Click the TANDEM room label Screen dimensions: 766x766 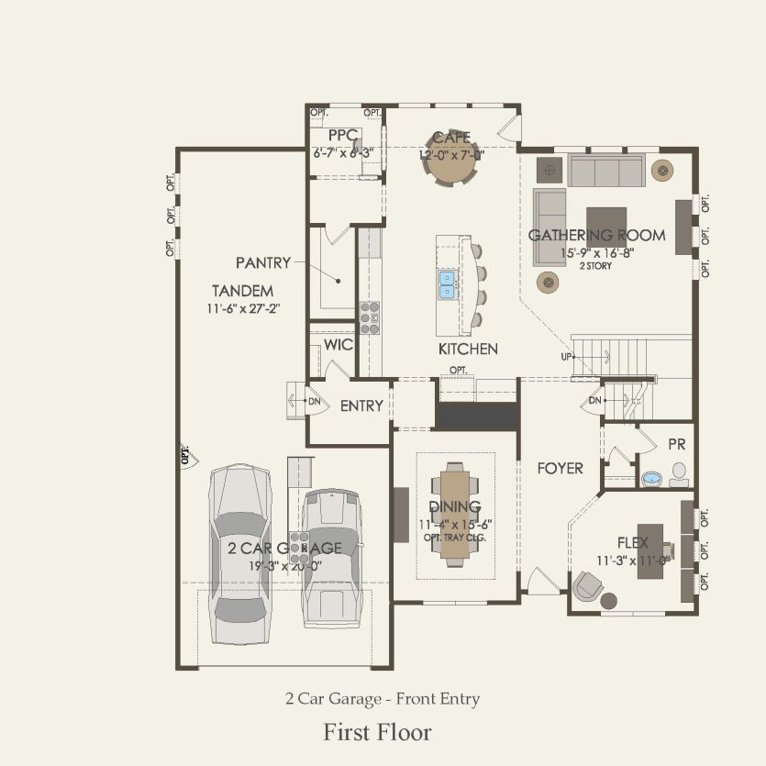pyautogui.click(x=243, y=291)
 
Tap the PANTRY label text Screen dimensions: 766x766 pyautogui.click(x=262, y=262)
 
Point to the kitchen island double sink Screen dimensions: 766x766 pyautogui.click(x=448, y=284)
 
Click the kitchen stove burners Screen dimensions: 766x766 pyautogui.click(x=371, y=316)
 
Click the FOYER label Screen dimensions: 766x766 pyautogui.click(x=561, y=468)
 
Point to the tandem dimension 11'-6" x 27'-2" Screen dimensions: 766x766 pyautogui.click(x=243, y=308)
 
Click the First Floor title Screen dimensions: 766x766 pyautogui.click(x=377, y=732)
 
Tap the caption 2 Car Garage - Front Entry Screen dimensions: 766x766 pyautogui.click(x=382, y=699)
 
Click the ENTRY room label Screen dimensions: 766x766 pyautogui.click(x=361, y=405)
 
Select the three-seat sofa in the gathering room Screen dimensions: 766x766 pyautogui.click(x=605, y=171)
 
